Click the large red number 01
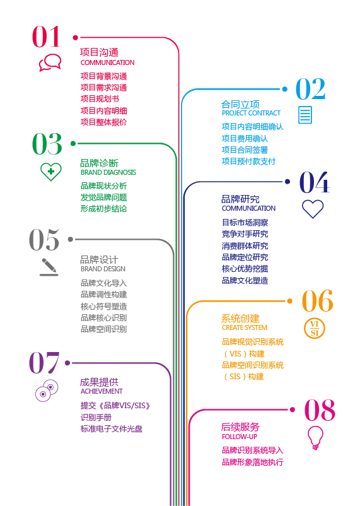click(47, 37)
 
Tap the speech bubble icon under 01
click(50, 62)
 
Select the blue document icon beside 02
click(305, 115)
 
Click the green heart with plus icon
click(50, 172)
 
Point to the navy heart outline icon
click(313, 209)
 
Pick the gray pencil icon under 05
click(49, 267)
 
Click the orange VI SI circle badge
click(315, 329)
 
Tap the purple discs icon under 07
click(47, 391)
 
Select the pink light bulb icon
click(315, 438)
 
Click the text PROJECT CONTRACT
click(251, 114)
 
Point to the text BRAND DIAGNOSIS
click(108, 172)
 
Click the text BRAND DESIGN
click(103, 269)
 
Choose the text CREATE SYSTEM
click(245, 327)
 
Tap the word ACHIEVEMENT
click(102, 391)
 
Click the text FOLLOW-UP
click(240, 437)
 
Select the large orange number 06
click(317, 301)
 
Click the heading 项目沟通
click(100, 52)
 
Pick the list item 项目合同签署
click(245, 150)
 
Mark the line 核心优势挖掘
click(245, 269)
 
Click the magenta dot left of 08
click(293, 409)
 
